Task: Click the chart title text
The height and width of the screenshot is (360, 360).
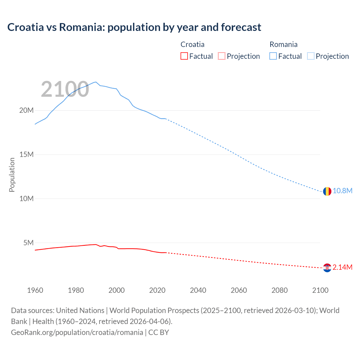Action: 134,27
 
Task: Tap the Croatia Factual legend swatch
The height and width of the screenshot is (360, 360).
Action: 184,56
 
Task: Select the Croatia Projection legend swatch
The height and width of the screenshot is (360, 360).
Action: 222,56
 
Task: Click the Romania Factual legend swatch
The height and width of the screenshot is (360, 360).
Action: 273,56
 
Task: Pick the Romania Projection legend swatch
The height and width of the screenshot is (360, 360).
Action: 311,56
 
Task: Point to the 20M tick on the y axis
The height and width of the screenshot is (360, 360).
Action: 26,110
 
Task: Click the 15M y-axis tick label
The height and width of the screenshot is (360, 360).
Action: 26,154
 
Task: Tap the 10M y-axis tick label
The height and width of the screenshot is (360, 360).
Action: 26,199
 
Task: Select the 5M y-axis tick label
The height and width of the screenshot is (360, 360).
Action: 28,243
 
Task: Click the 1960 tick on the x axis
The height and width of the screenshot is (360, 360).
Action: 35,290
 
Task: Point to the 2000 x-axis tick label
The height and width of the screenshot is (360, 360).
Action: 116,290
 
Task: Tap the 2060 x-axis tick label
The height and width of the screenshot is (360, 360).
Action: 239,290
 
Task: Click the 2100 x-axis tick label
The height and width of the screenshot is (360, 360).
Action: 320,290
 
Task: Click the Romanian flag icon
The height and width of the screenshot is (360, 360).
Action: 327,191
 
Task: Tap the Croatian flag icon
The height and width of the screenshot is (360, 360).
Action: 327,268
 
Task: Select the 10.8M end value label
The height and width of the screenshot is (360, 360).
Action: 343,191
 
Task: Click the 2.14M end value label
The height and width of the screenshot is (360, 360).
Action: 343,267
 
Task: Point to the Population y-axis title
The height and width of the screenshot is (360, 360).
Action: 12,175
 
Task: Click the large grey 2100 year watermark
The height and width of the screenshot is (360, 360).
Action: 65,89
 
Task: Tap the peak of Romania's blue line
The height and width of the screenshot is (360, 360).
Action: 96,82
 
